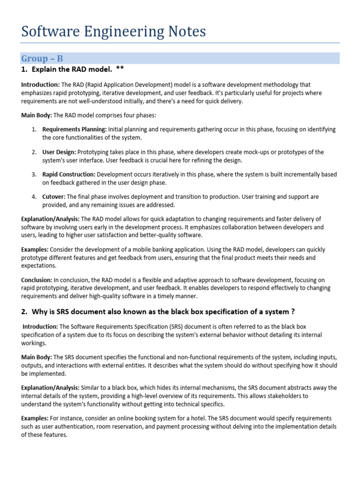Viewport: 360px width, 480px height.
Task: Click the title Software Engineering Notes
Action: point(113,31)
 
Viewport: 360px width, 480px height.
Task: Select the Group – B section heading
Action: point(42,59)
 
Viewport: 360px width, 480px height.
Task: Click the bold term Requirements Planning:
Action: point(75,129)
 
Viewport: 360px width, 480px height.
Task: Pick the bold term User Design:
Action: point(59,152)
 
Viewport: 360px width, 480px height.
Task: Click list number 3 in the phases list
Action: point(34,174)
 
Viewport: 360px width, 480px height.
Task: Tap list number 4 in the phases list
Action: point(34,197)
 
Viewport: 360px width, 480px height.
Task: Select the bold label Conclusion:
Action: point(36,280)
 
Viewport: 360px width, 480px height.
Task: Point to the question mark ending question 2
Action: point(292,312)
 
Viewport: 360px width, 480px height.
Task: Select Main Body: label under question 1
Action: point(37,115)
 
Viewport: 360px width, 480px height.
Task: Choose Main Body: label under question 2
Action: point(37,358)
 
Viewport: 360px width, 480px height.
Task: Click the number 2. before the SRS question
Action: point(24,312)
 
